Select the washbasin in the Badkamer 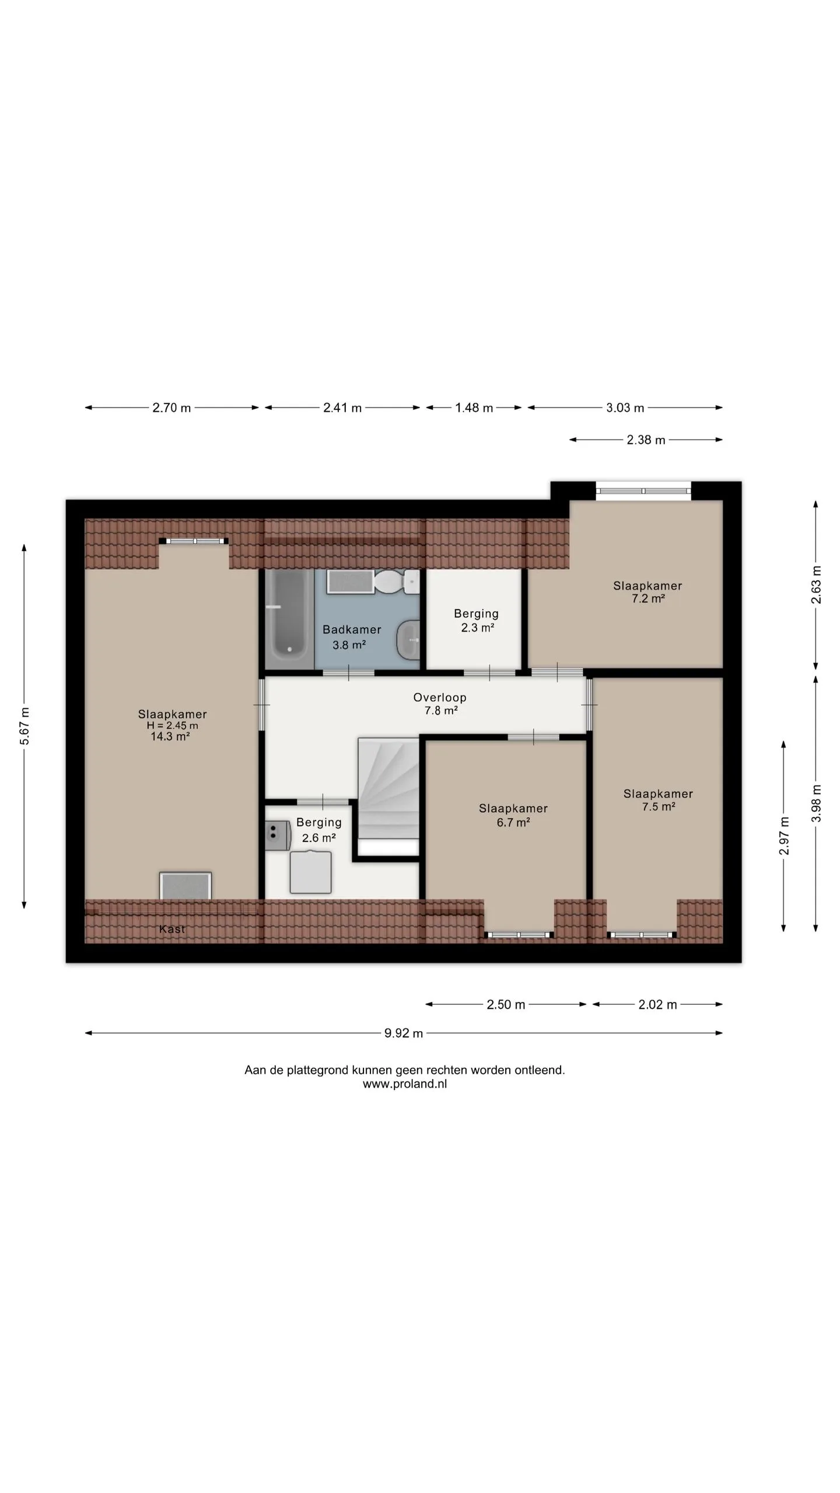[x=408, y=640]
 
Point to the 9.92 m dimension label [x=404, y=1033]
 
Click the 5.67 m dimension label [x=24, y=726]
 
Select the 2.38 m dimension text [x=646, y=440]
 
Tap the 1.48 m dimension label [x=474, y=408]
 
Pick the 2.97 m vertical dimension [x=784, y=836]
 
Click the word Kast [x=172, y=929]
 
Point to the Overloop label [x=440, y=697]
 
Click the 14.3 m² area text [x=170, y=737]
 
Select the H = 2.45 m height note [x=172, y=726]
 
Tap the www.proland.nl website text [x=405, y=1084]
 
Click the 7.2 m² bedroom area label [x=649, y=598]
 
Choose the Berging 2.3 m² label [x=477, y=621]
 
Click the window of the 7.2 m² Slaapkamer [x=643, y=491]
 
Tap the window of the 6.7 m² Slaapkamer [x=519, y=935]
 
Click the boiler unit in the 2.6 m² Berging [x=278, y=835]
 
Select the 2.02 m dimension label [x=657, y=1004]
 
